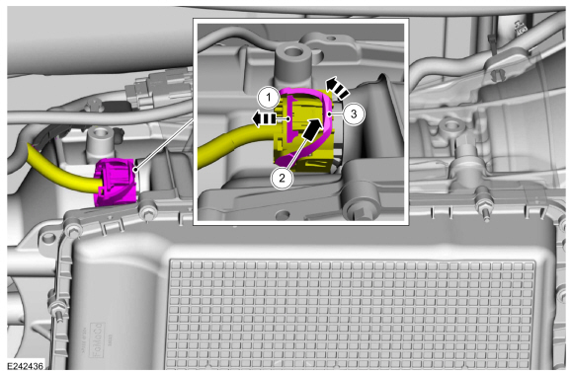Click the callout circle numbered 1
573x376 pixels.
[269, 98]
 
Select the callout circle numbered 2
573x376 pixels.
[282, 179]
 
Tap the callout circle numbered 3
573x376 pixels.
[354, 114]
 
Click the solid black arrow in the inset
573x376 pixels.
[313, 129]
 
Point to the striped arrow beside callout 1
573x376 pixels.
[264, 119]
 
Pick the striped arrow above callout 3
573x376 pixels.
[337, 88]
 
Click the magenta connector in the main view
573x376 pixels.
[116, 182]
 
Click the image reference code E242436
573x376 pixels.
[26, 366]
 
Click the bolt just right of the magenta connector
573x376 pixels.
[147, 212]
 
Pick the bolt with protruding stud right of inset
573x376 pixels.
[484, 209]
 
